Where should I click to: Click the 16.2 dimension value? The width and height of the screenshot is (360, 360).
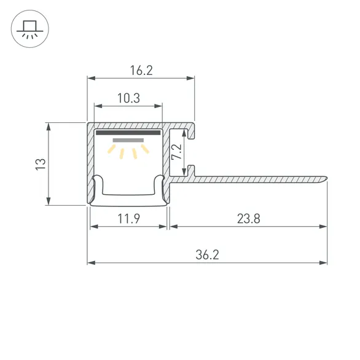click(141, 71)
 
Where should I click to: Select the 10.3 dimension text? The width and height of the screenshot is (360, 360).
click(128, 97)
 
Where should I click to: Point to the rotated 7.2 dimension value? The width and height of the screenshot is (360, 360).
click(176, 152)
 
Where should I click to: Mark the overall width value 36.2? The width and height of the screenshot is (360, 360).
click(207, 253)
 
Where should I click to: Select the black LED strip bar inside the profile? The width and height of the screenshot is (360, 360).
click(128, 132)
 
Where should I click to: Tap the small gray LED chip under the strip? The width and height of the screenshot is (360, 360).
click(128, 140)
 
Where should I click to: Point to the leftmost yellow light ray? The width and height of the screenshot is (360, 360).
click(112, 148)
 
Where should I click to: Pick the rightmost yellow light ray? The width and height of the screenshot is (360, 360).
click(144, 148)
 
